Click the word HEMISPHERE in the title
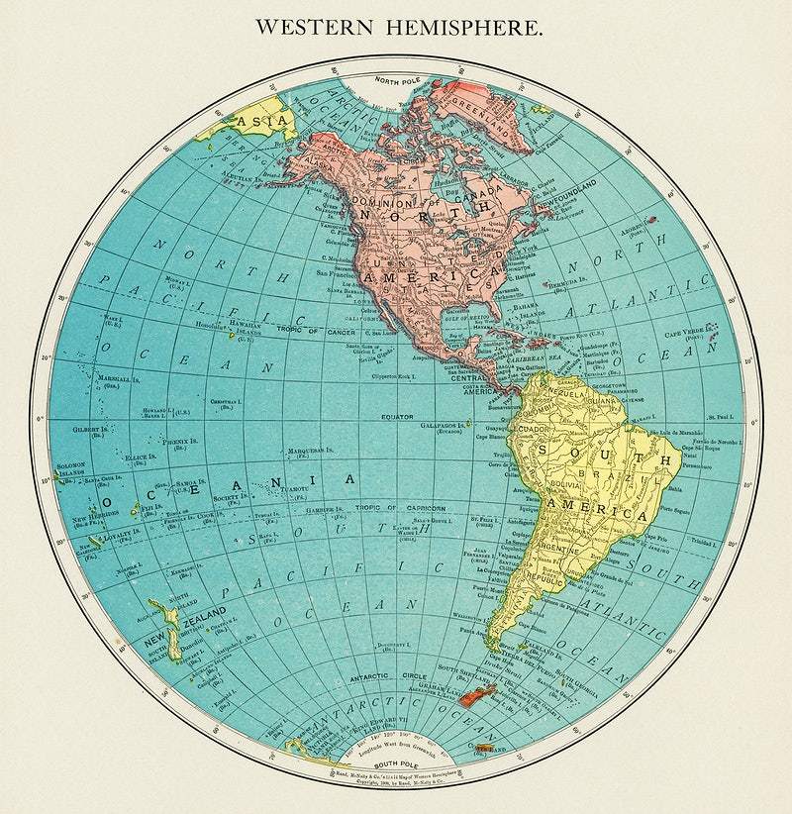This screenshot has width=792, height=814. pyautogui.click(x=472, y=27)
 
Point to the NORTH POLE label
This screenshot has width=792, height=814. pyautogui.click(x=397, y=81)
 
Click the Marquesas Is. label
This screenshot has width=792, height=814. pyautogui.click(x=307, y=451)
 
